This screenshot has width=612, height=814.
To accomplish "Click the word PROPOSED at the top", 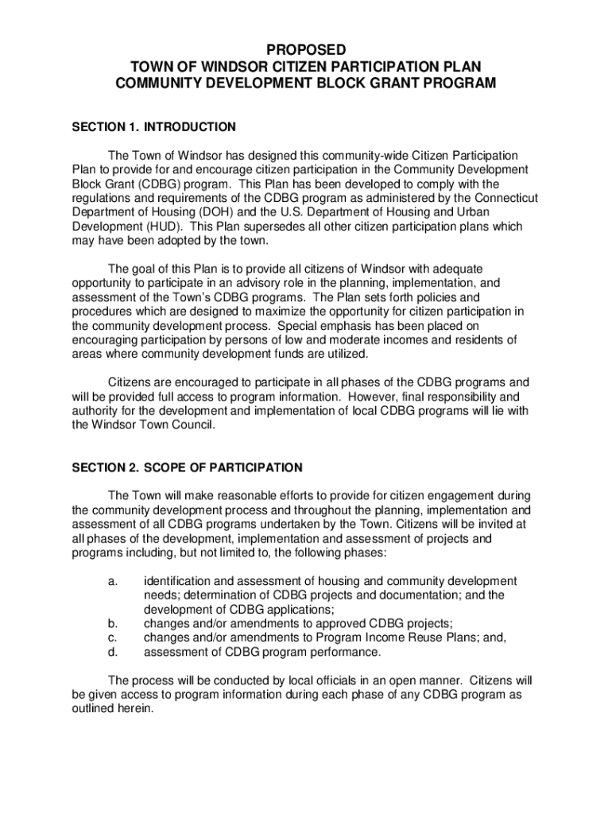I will [306, 50].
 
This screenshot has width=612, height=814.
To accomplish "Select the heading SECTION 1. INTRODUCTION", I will [154, 126].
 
